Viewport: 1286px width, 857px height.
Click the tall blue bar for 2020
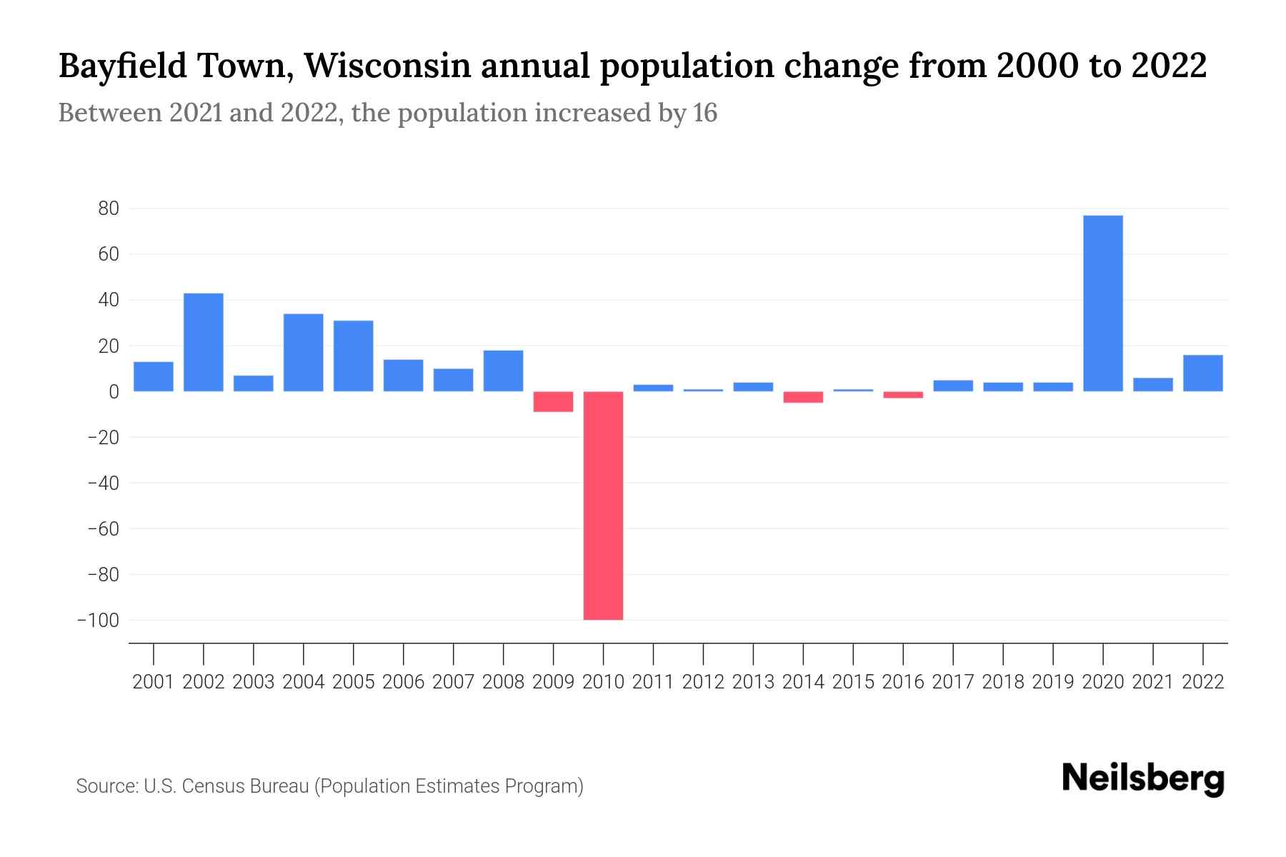coord(1102,304)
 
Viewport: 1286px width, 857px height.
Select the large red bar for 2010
coord(603,506)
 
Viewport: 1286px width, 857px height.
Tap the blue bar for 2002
coord(204,343)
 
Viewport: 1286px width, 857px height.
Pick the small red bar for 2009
coord(553,401)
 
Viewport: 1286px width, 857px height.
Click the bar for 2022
coord(1202,374)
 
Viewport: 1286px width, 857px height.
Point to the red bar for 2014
coord(803,397)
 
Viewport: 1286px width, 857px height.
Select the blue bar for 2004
coord(304,353)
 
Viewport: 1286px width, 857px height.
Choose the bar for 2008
coord(503,371)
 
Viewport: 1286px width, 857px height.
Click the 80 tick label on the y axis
coord(109,209)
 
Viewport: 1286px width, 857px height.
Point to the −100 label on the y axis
coord(99,620)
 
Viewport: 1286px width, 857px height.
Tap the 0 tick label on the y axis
coord(114,391)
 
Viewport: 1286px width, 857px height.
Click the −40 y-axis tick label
coord(103,483)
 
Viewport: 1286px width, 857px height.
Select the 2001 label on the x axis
coord(154,682)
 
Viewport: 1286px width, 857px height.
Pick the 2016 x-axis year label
coord(903,682)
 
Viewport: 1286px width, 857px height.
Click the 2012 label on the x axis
coord(703,682)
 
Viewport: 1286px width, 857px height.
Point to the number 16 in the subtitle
coord(704,113)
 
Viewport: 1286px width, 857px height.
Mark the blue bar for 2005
coord(353,356)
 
